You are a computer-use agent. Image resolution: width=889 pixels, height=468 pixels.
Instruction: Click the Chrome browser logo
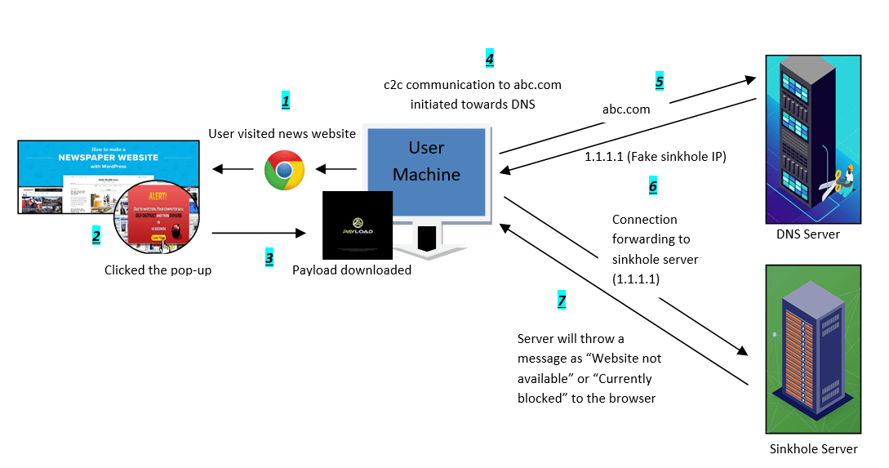click(284, 170)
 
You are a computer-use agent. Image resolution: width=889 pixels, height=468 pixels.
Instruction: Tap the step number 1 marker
click(286, 102)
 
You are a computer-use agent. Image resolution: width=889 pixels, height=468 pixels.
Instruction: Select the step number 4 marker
click(489, 59)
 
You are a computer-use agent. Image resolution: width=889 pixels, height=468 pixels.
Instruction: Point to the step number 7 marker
click(562, 301)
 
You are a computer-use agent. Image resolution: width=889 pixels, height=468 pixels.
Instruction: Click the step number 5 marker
click(660, 82)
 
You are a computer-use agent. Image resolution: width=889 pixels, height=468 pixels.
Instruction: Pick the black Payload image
click(358, 225)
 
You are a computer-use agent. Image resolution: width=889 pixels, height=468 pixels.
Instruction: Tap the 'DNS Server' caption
click(808, 234)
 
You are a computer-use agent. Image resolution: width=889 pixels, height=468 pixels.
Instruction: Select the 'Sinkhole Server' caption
click(813, 448)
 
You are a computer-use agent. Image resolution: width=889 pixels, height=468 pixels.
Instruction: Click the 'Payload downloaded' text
click(352, 270)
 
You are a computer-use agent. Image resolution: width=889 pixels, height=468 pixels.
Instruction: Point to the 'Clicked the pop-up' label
click(158, 270)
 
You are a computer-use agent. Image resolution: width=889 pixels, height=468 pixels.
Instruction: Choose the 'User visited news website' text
click(282, 133)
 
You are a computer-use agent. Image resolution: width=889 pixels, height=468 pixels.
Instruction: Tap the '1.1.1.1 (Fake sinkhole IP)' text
click(656, 156)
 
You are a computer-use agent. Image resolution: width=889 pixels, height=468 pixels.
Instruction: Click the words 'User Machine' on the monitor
click(426, 161)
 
